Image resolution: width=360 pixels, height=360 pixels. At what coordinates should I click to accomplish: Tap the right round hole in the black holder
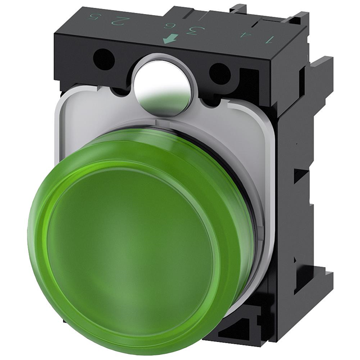tap(220, 71)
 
